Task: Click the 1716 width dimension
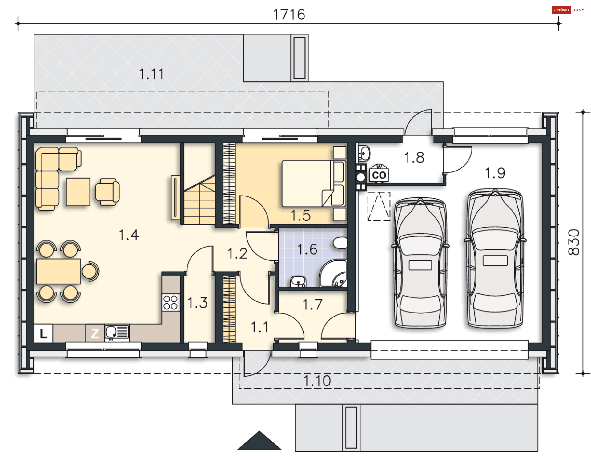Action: tap(289, 14)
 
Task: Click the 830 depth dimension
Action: tap(573, 242)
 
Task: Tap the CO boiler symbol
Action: tap(379, 175)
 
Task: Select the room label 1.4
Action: tap(129, 235)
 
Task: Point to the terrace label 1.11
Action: tap(151, 74)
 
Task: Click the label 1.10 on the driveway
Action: tap(317, 381)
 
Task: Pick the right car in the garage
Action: tap(495, 259)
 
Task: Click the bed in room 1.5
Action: tap(312, 183)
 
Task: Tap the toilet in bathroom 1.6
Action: tap(340, 243)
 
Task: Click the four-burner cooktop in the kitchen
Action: tap(171, 302)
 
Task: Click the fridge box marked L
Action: tap(43, 333)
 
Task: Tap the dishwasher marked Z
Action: tap(95, 333)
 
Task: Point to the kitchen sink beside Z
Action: tap(117, 333)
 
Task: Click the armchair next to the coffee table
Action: tap(107, 192)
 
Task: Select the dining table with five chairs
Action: tap(58, 271)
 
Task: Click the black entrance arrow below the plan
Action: tap(259, 441)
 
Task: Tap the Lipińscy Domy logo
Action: tap(568, 10)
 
